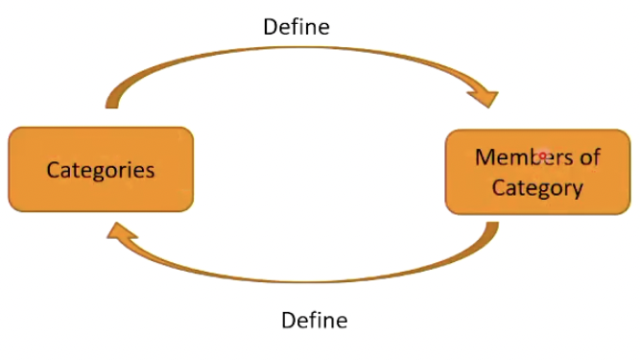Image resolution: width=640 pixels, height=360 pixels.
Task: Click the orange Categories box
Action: point(101,170)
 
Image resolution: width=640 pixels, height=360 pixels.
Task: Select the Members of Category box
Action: point(537,172)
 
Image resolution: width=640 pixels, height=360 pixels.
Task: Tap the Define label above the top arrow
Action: point(296,27)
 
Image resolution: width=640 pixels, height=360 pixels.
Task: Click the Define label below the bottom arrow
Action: point(314,320)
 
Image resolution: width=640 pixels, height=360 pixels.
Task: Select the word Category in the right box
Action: point(537,187)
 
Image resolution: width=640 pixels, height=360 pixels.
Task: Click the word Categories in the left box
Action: point(101,170)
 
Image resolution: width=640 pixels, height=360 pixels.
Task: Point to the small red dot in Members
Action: point(542,155)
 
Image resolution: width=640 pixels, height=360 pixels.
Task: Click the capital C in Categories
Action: point(54,170)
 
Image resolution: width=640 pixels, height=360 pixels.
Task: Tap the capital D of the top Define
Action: point(271,27)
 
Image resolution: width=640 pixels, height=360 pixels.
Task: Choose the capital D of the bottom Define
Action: point(288,320)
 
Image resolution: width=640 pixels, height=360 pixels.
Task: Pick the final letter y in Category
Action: point(577,189)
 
